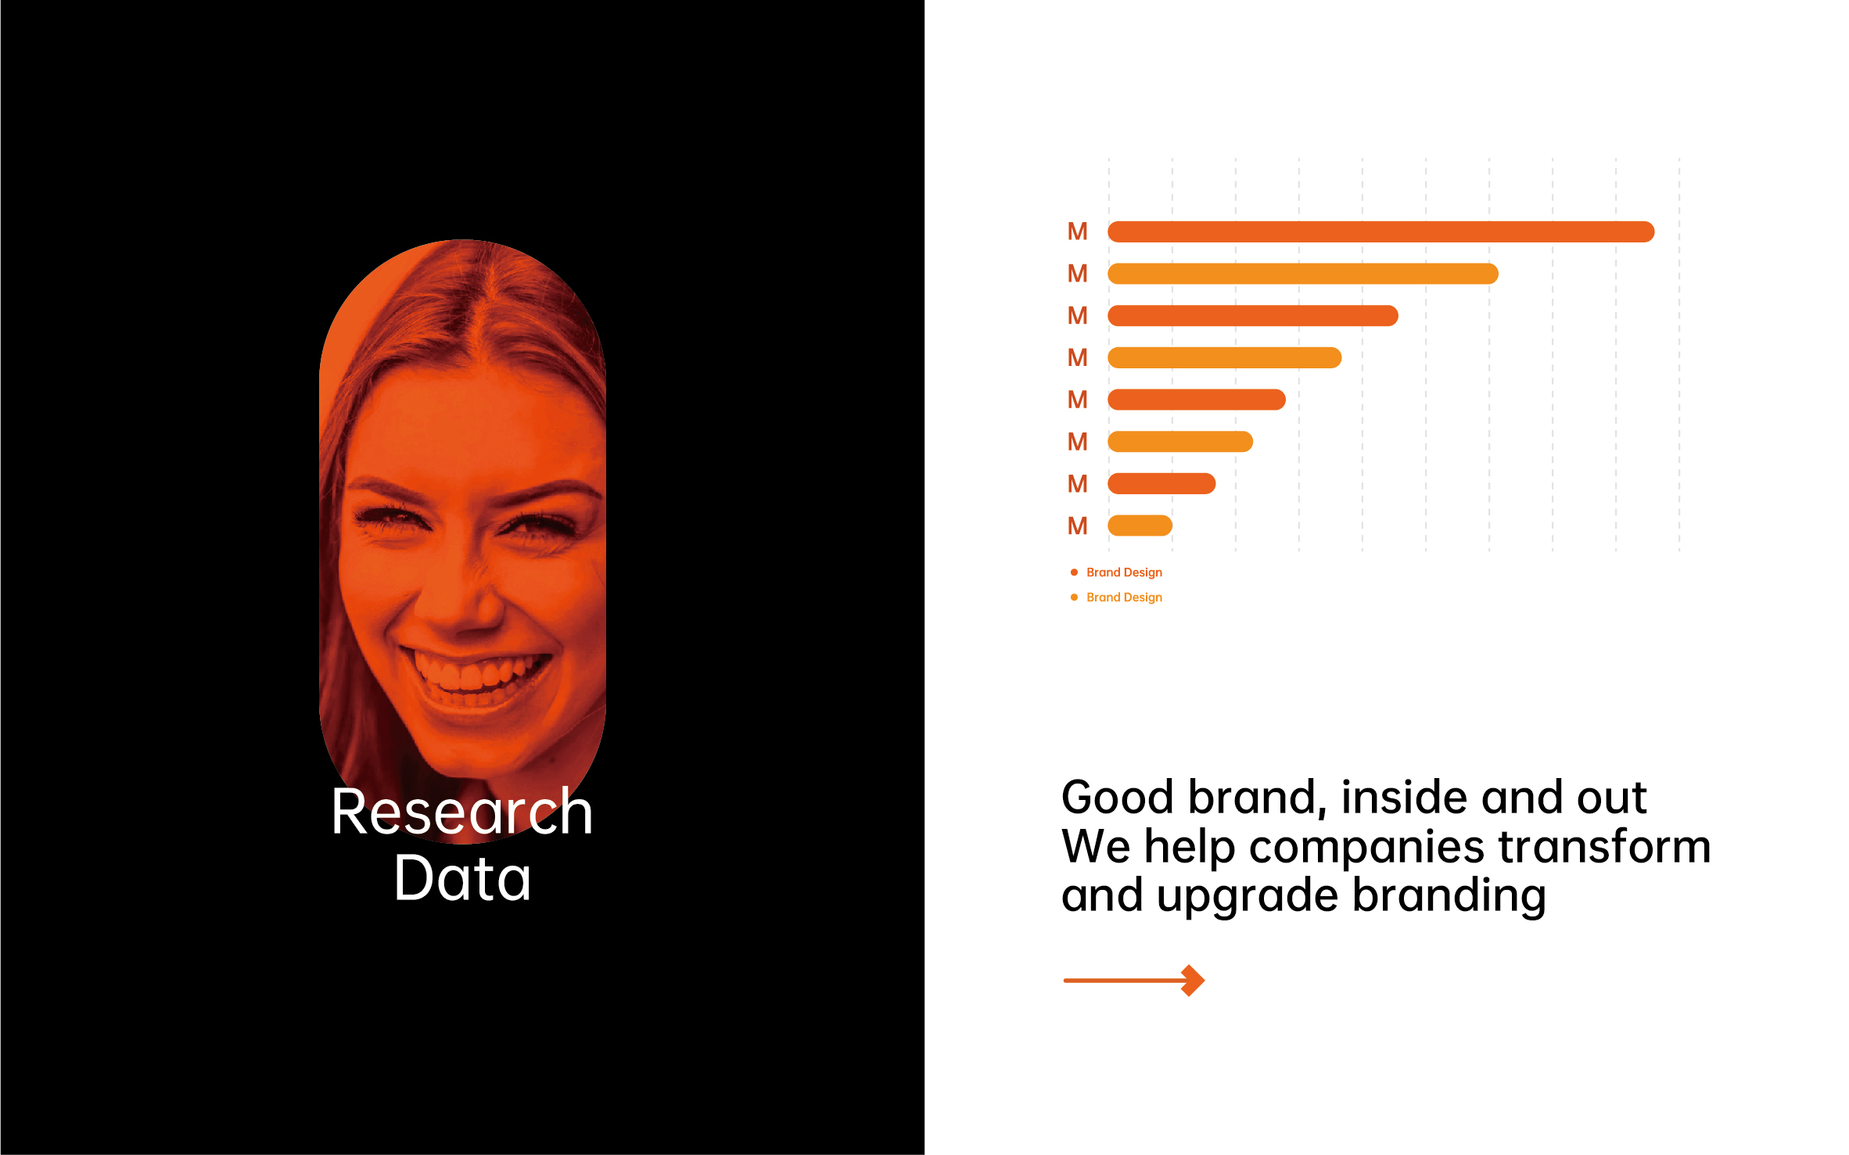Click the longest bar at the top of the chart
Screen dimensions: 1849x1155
1380,231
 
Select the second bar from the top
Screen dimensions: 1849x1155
1302,274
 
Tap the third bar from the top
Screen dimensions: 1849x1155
1252,316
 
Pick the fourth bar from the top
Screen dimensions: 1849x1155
1224,358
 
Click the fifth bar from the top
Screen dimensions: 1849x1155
1196,400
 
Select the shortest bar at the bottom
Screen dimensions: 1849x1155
1140,525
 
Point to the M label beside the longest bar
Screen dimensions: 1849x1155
1078,231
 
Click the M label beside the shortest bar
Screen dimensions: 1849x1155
1078,525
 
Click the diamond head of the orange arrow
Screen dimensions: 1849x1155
1192,981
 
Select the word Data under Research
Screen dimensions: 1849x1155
463,878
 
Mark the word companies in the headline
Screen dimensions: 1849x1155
1366,848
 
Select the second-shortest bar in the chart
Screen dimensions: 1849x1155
1161,484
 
